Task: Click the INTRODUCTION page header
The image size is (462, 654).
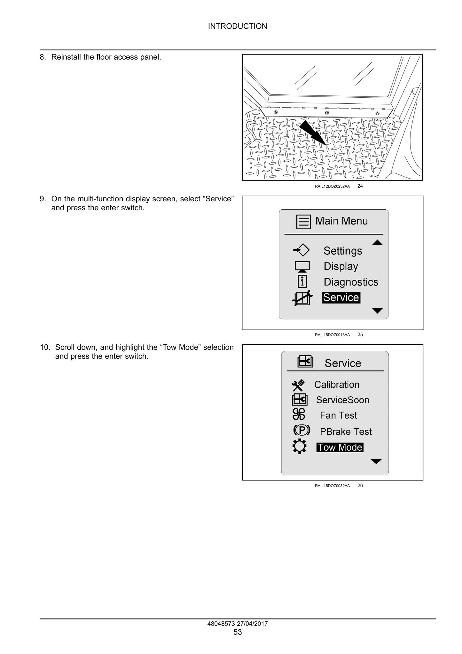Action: pyautogui.click(x=238, y=26)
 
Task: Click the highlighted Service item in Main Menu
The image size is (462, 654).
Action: pyautogui.click(x=341, y=298)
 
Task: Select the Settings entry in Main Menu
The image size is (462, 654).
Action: pyautogui.click(x=343, y=251)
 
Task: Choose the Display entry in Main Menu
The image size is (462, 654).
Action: pyautogui.click(x=341, y=266)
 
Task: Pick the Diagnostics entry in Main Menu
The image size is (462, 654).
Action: pyautogui.click(x=351, y=282)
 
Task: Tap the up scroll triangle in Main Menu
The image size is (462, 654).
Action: pyautogui.click(x=377, y=242)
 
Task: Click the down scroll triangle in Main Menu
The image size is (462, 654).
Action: pyautogui.click(x=378, y=311)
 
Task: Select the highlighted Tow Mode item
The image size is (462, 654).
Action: pyautogui.click(x=340, y=448)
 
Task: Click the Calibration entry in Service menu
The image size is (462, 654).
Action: pyautogui.click(x=337, y=384)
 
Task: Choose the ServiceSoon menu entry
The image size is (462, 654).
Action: pyautogui.click(x=342, y=400)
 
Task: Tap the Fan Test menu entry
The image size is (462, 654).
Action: pyautogui.click(x=338, y=416)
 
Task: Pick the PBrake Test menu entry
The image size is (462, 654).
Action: pyautogui.click(x=346, y=432)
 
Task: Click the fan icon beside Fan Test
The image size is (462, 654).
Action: pyautogui.click(x=299, y=414)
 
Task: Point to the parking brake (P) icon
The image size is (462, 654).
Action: pyautogui.click(x=301, y=430)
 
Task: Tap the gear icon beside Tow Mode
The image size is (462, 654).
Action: pyautogui.click(x=300, y=446)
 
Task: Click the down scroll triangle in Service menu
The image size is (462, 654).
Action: pyautogui.click(x=376, y=461)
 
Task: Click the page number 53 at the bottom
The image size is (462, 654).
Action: pyautogui.click(x=238, y=632)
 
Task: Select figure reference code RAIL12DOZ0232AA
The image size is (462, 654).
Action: pyautogui.click(x=332, y=186)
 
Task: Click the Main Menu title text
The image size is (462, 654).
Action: pyautogui.click(x=341, y=221)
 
